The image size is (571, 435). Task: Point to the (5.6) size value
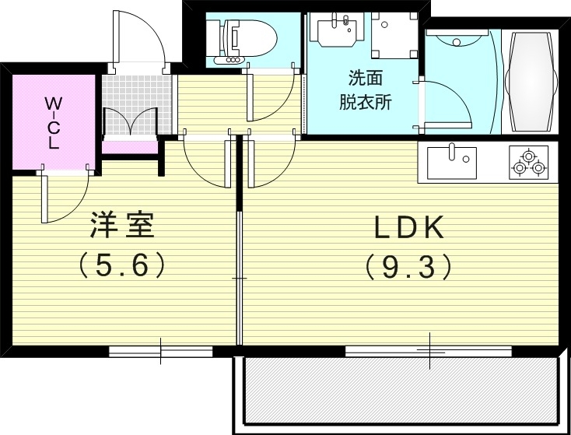click(122, 266)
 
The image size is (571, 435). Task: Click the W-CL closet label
click(53, 123)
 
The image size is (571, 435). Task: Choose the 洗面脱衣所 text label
click(364, 90)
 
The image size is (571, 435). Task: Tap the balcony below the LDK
click(401, 394)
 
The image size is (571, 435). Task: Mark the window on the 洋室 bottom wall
click(161, 351)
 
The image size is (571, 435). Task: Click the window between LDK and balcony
click(428, 351)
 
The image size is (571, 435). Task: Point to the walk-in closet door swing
click(66, 195)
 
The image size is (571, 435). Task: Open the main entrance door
click(140, 39)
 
